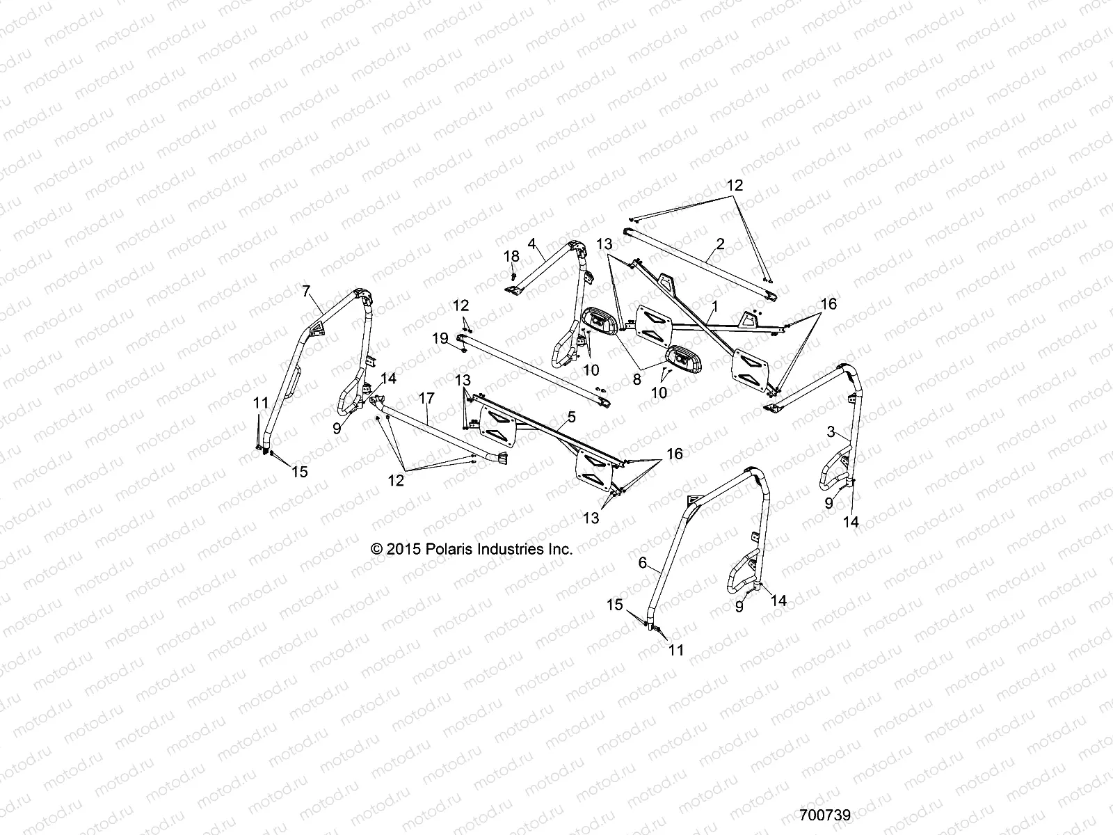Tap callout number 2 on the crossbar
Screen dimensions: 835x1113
click(720, 244)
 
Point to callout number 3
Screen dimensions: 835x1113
click(830, 431)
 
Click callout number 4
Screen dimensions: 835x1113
click(532, 244)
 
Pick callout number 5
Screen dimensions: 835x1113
click(572, 417)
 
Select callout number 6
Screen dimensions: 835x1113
click(643, 562)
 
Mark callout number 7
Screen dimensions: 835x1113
click(305, 290)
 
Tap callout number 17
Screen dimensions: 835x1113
click(426, 399)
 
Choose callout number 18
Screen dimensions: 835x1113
click(512, 256)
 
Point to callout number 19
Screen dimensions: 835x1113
click(440, 339)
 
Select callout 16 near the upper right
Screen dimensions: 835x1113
click(828, 304)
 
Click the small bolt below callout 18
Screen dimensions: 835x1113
click(512, 276)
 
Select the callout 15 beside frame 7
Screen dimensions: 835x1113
click(298, 472)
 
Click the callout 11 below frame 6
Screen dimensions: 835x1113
click(676, 651)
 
